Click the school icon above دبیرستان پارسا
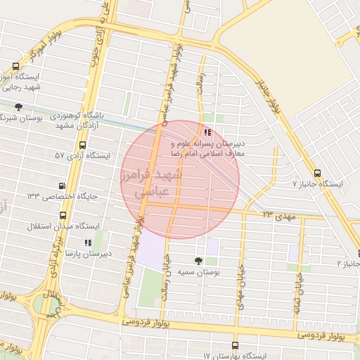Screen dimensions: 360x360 click(87, 243)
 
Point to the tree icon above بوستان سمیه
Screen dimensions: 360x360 click(198, 261)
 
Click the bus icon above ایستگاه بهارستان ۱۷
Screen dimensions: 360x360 click(234, 346)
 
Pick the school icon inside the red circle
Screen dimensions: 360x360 click(207, 131)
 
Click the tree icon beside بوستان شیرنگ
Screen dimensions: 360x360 click(18, 107)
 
